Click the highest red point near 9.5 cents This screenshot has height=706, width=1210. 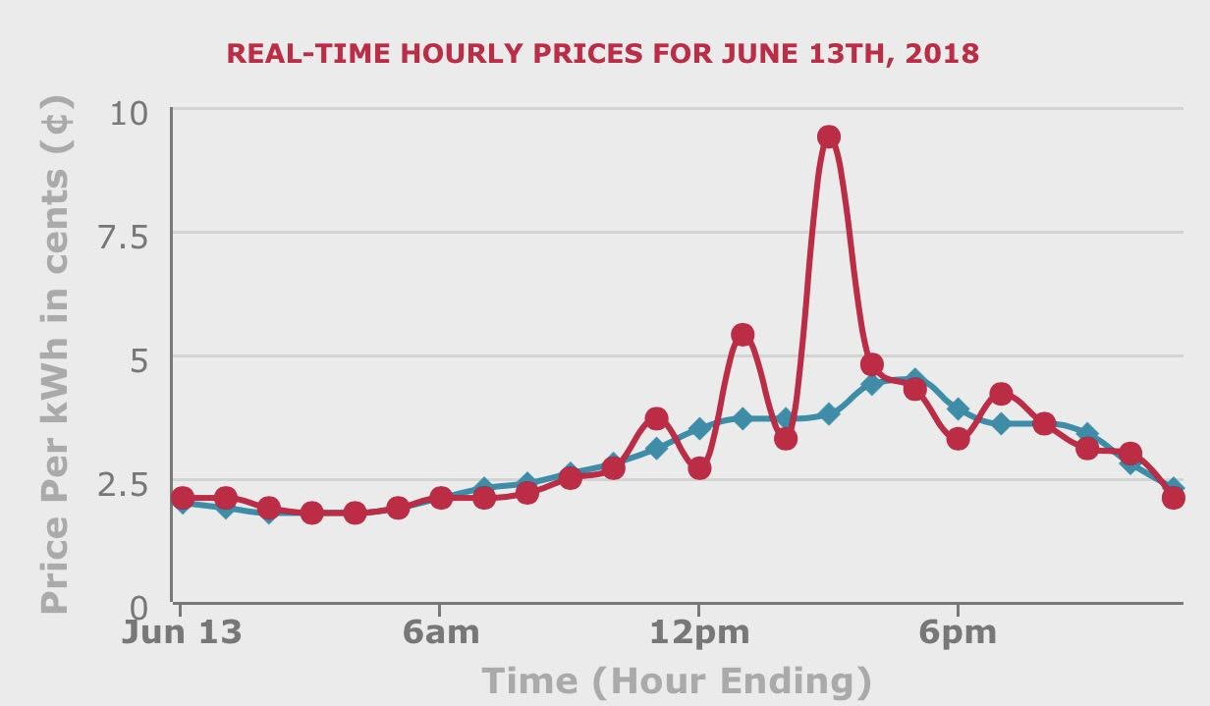[x=829, y=136]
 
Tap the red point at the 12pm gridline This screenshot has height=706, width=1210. [x=699, y=467]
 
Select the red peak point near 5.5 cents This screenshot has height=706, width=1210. [x=742, y=335]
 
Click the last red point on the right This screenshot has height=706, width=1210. [x=1174, y=497]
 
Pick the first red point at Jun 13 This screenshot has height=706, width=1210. [x=182, y=497]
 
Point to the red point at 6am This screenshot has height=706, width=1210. [x=441, y=498]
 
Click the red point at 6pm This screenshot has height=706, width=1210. [x=959, y=438]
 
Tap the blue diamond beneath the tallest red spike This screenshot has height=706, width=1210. [x=829, y=413]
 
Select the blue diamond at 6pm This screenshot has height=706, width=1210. [x=959, y=408]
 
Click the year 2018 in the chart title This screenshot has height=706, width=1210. [x=942, y=53]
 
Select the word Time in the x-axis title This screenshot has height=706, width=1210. [x=530, y=680]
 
